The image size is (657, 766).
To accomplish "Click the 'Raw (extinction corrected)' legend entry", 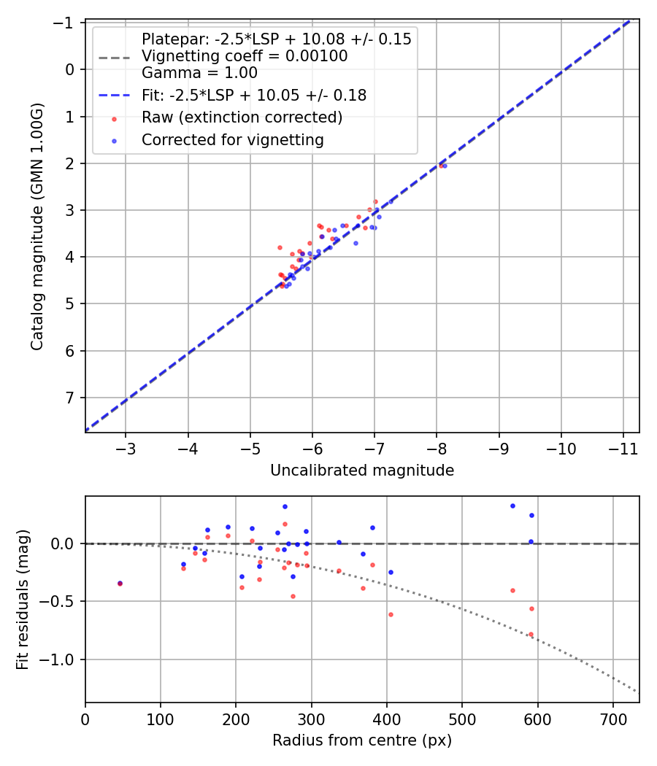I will pyautogui.click(x=242, y=117).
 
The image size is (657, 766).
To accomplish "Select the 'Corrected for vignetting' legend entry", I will pyautogui.click(x=232, y=139).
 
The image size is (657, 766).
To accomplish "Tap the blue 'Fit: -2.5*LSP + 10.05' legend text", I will pyautogui.click(x=253, y=95).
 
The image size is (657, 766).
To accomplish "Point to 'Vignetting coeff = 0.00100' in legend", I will pyautogui.click(x=244, y=56).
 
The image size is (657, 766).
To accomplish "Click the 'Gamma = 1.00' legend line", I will pyautogui.click(x=199, y=73).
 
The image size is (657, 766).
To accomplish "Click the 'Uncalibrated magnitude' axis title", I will pyautogui.click(x=362, y=471).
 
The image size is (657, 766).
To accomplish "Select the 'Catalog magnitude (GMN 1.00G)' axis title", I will pyautogui.click(x=37, y=226).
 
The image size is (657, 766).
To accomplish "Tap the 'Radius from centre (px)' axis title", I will pyautogui.click(x=362, y=740).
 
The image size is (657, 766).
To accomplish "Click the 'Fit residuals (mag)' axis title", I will pyautogui.click(x=23, y=599).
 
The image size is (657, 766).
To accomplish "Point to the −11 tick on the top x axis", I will pyautogui.click(x=623, y=446).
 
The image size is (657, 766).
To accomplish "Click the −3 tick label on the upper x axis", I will pyautogui.click(x=126, y=446).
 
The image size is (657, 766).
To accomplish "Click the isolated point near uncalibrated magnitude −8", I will pyautogui.click(x=442, y=166).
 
